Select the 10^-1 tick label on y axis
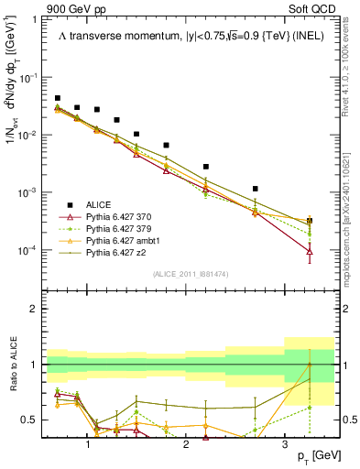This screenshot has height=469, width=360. (30, 78)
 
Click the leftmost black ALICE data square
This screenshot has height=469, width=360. (58, 98)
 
